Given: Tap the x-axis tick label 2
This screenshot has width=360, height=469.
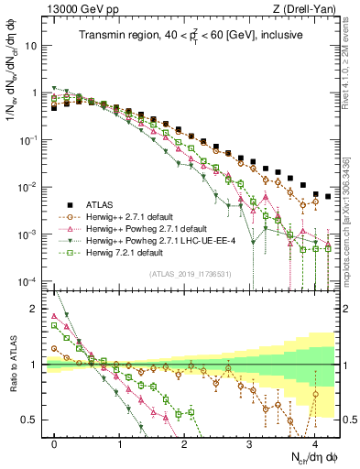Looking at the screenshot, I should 185,443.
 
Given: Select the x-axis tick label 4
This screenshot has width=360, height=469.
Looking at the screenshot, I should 314,443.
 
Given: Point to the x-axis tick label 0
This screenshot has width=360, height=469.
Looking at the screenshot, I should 55,443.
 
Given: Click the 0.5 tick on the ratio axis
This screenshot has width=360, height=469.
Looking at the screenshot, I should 34,420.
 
